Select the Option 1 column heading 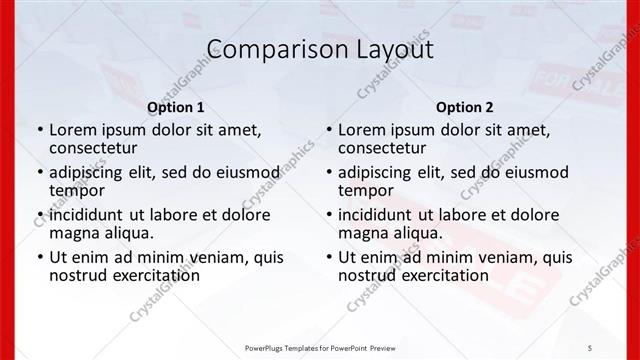coord(176,107)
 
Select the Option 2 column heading coord(464,107)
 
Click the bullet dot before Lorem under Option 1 coord(40,130)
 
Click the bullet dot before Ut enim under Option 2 coord(329,258)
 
